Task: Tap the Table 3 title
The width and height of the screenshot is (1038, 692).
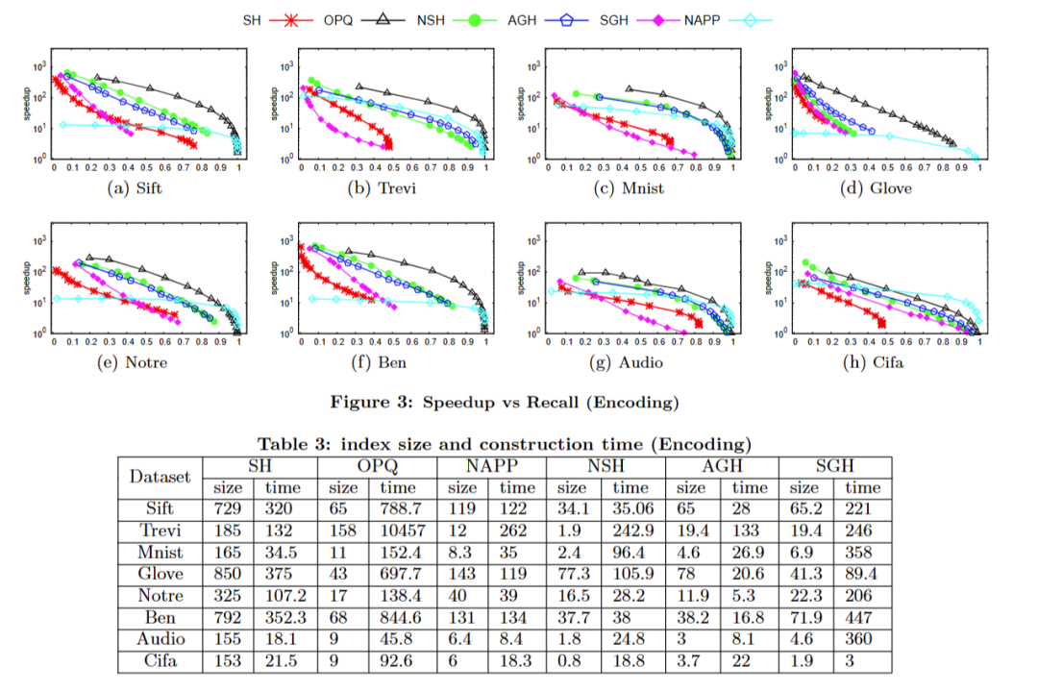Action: (x=504, y=444)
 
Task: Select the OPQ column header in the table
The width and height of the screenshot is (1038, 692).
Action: (x=377, y=466)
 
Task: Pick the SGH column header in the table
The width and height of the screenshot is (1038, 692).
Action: (x=835, y=466)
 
